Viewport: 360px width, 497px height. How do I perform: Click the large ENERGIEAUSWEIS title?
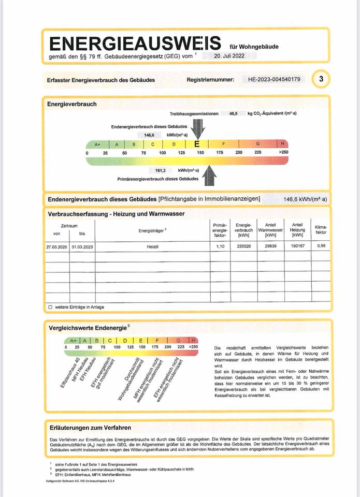(134, 43)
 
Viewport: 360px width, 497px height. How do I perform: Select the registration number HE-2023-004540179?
(277, 79)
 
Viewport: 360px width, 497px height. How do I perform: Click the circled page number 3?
(322, 79)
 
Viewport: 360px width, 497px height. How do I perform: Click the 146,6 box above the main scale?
(150, 134)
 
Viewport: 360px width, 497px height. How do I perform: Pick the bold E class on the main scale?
(197, 144)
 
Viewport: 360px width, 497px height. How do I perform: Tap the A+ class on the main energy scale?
(97, 144)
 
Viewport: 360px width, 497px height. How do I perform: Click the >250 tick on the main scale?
(283, 153)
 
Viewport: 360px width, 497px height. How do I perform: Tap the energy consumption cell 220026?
(243, 247)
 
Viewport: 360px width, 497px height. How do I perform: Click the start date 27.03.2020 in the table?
(56, 247)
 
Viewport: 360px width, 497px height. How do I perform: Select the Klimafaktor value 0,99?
(321, 247)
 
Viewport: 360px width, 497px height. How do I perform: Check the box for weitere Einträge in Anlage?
(50, 307)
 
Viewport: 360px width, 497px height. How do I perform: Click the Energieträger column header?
(152, 230)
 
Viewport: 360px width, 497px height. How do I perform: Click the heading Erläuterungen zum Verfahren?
(90, 428)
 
